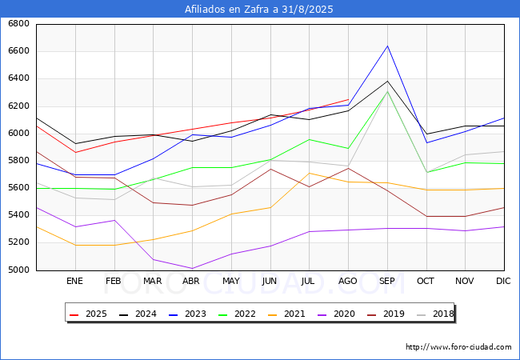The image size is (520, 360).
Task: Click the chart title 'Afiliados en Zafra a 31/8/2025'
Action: pyautogui.click(x=259, y=10)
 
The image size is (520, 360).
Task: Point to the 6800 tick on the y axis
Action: pyautogui.click(x=18, y=24)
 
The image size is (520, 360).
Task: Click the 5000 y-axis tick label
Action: pyautogui.click(x=18, y=270)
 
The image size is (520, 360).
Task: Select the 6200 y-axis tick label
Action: pyautogui.click(x=18, y=106)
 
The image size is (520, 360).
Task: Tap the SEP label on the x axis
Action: pyautogui.click(x=387, y=281)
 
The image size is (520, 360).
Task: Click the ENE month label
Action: pyautogui.click(x=74, y=281)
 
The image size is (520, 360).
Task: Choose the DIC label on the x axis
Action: pyautogui.click(x=503, y=281)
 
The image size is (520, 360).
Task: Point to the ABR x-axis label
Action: pyautogui.click(x=192, y=281)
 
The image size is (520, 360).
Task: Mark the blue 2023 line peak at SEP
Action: pyautogui.click(x=387, y=46)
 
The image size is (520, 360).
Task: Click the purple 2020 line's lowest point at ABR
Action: pyautogui.click(x=192, y=269)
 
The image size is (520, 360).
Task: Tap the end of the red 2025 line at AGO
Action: pyautogui.click(x=348, y=99)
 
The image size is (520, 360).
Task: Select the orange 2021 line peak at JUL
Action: pyautogui.click(x=309, y=173)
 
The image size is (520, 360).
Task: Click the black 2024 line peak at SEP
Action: pyautogui.click(x=387, y=81)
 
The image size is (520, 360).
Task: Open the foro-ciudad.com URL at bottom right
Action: pyautogui.click(x=458, y=347)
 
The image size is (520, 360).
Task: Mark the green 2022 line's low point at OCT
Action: pyautogui.click(x=426, y=172)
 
